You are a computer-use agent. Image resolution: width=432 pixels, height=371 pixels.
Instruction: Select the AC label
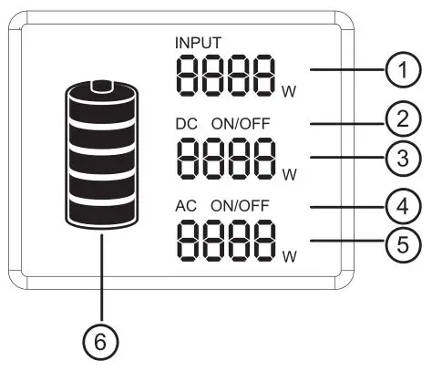click(185, 206)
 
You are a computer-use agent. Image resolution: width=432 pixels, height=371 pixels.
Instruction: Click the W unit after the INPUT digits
click(289, 89)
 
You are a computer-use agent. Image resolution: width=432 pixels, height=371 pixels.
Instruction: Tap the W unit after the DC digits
click(289, 172)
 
